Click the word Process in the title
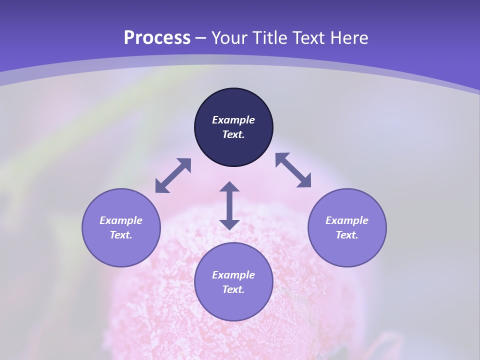pyautogui.click(x=157, y=38)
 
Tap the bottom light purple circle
pyautogui.click(x=233, y=305)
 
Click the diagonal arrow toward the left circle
pyautogui.click(x=173, y=175)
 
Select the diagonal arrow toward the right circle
pyautogui.click(x=293, y=170)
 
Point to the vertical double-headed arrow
pyautogui.click(x=229, y=205)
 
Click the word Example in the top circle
pyautogui.click(x=233, y=120)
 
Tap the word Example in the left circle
pyautogui.click(x=121, y=220)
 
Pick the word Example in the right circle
pyautogui.click(x=347, y=220)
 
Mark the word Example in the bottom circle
pyautogui.click(x=233, y=275)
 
